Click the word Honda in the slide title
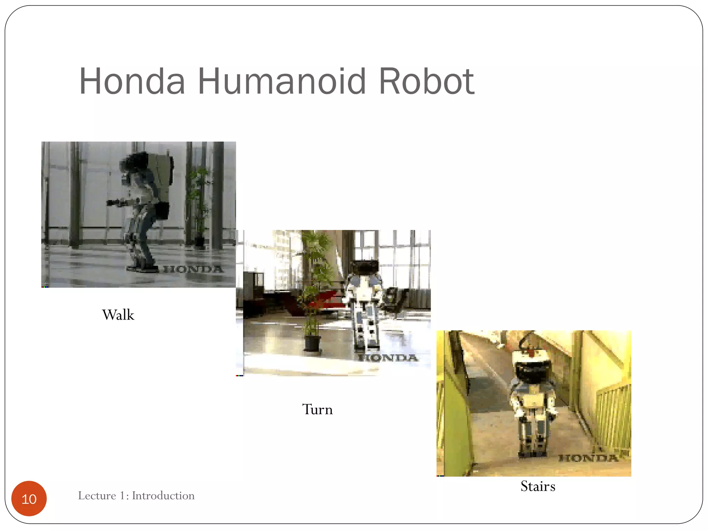point(132,82)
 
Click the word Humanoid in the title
point(281,82)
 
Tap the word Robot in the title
point(427,82)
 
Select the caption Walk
point(118,315)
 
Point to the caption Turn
point(317,409)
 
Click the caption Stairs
point(538,486)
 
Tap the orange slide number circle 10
point(29,499)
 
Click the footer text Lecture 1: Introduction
point(136,496)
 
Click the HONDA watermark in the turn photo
point(388,357)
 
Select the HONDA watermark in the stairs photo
point(588,458)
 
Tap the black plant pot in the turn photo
point(312,343)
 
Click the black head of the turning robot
point(364,267)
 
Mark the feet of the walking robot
point(142,268)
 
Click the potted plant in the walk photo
point(198,204)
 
